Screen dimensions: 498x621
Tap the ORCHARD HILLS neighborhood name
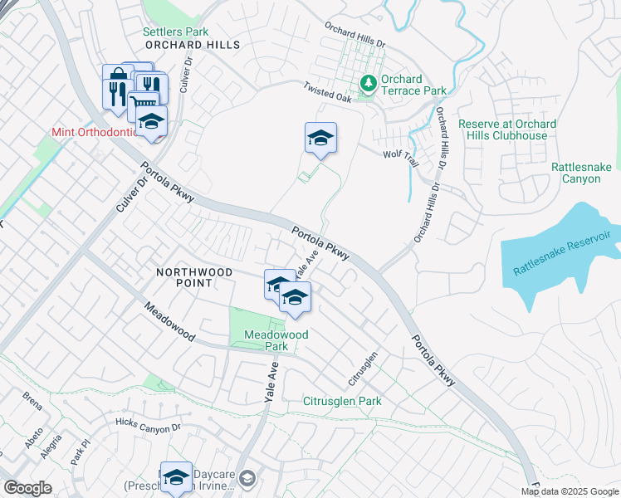192,45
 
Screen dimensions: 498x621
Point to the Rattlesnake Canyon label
581,173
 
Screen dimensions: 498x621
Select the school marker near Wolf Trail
320,138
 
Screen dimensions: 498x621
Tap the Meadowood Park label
276,340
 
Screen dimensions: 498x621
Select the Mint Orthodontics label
91,132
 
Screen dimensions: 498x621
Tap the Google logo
27,488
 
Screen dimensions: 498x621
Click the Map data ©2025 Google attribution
568,491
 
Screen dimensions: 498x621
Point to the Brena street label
32,396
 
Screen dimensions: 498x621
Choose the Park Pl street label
79,457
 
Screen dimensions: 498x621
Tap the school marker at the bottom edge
176,477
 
